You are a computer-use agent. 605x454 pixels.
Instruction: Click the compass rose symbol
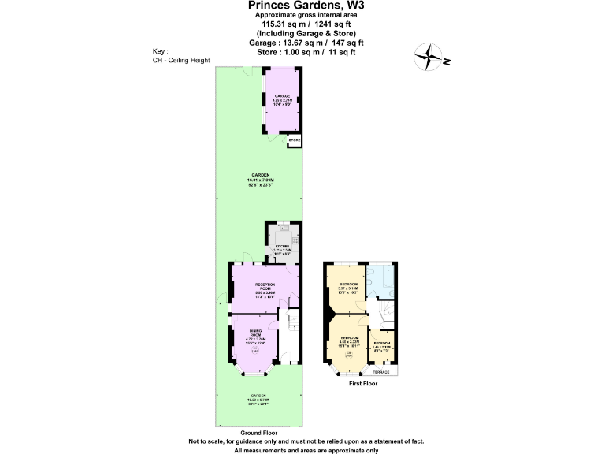[430, 57]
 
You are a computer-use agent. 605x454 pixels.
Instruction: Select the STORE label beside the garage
[295, 140]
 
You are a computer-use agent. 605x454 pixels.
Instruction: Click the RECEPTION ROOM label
[264, 288]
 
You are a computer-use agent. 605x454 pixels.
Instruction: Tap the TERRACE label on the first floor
[381, 371]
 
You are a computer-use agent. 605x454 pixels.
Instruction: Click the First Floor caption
[362, 384]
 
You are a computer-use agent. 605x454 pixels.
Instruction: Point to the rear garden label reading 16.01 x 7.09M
[261, 179]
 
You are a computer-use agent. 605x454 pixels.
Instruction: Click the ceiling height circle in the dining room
[254, 352]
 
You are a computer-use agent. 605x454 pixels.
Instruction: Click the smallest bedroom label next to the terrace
[381, 345]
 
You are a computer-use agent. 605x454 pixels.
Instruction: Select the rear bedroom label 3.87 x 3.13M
[347, 286]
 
